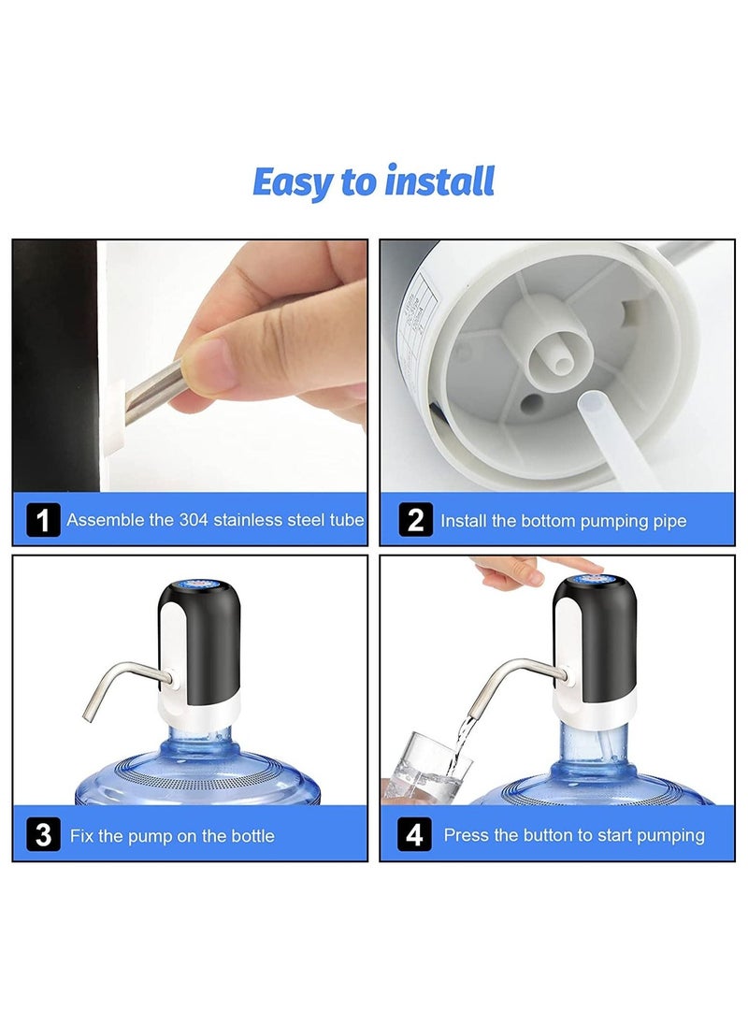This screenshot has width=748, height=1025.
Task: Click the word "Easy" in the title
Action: coord(294,182)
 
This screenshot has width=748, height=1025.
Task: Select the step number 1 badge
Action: coord(43,519)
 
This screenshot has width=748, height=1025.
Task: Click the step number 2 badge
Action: coord(414,520)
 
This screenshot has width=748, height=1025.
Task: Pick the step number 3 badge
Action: coord(43,834)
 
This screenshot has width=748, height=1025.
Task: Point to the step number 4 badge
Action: coord(414,834)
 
